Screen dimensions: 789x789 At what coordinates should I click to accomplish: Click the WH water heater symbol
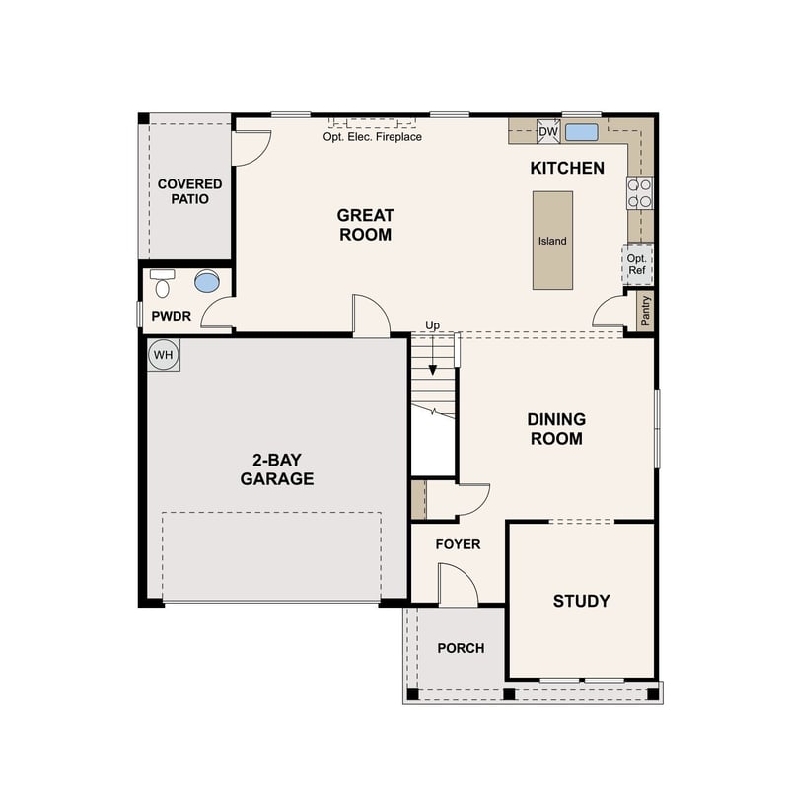(x=164, y=355)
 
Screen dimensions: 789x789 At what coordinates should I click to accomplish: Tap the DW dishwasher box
(x=548, y=132)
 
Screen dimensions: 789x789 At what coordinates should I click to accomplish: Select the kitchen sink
(x=582, y=132)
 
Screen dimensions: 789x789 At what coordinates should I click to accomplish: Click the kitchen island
(x=552, y=240)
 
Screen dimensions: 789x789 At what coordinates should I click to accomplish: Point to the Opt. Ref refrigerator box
(x=637, y=264)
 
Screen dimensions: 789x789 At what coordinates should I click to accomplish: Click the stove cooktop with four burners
(x=639, y=191)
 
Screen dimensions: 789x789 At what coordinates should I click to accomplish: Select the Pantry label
(x=646, y=310)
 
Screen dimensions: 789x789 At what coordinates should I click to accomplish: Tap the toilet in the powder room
(x=163, y=284)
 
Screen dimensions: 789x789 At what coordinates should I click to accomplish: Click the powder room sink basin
(x=207, y=282)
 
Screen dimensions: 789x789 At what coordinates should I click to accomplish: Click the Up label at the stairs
(x=432, y=325)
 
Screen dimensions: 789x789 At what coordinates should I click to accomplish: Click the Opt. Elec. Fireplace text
(x=372, y=137)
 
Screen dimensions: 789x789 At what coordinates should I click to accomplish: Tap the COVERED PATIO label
(x=189, y=191)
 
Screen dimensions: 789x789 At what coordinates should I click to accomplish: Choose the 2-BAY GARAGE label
(x=277, y=470)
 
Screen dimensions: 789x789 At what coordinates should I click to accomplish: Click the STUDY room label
(x=581, y=601)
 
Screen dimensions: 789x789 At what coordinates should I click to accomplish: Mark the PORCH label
(x=461, y=648)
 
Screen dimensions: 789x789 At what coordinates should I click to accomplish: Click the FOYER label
(x=458, y=544)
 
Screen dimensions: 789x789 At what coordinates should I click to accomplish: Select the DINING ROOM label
(x=556, y=429)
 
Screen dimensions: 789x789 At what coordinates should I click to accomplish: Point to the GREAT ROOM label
(x=365, y=225)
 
